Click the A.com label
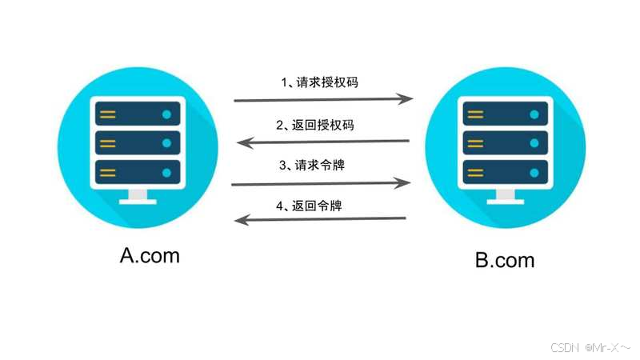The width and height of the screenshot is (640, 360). point(150,255)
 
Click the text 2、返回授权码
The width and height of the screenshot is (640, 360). point(316,125)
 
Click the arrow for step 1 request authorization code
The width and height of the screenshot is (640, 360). point(322,100)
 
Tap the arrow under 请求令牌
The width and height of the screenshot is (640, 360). point(320,183)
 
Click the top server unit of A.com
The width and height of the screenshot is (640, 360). point(138,114)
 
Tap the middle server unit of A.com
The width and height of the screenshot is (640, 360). point(138,143)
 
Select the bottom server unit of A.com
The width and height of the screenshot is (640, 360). point(138,172)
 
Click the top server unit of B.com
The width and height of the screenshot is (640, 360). point(504,114)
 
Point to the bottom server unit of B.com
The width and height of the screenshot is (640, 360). point(504,172)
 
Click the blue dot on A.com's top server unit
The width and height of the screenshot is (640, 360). point(166,114)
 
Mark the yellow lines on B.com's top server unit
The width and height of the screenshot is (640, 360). point(475,114)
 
